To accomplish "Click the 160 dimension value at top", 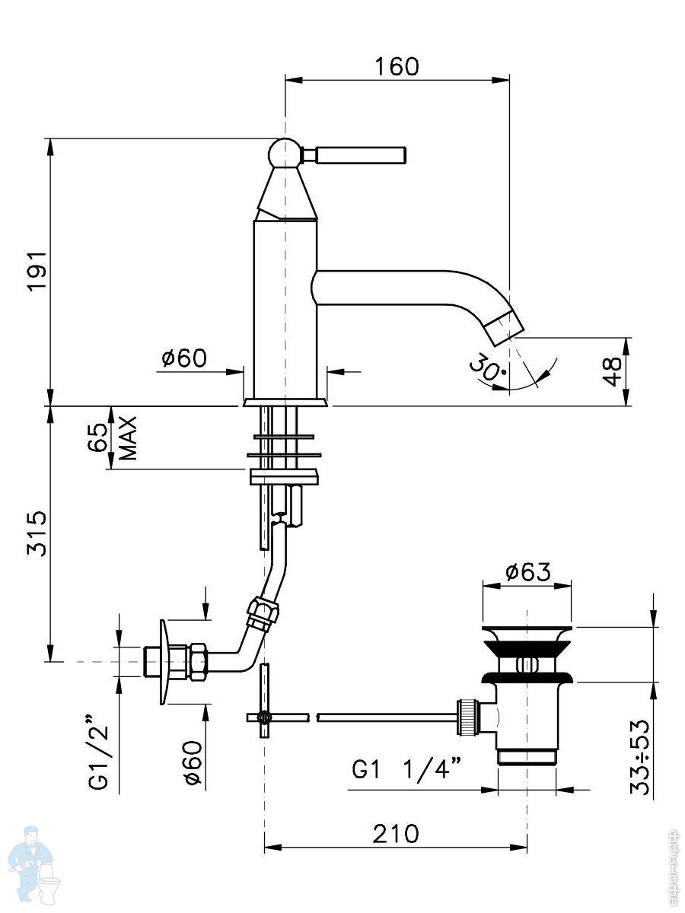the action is click(397, 66).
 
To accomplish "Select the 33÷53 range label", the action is click(640, 750).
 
